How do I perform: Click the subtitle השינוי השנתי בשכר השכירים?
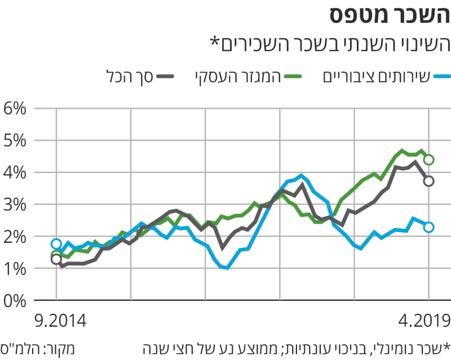pyautogui.click(x=329, y=44)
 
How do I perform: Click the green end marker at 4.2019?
pyautogui.click(x=429, y=160)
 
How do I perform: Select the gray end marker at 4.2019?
pyautogui.click(x=429, y=181)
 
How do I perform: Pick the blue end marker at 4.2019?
pyautogui.click(x=429, y=227)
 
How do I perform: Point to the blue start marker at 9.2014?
pyautogui.click(x=56, y=244)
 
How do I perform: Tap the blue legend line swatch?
pyautogui.click(x=441, y=76)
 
